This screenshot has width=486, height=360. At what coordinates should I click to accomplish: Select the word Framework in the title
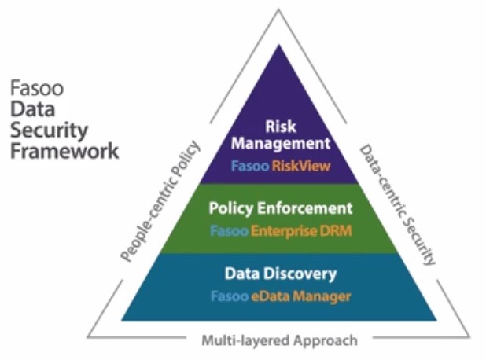(64, 149)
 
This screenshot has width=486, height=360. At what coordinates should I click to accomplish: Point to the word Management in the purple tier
(280, 144)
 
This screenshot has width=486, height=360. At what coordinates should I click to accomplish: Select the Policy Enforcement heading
(280, 209)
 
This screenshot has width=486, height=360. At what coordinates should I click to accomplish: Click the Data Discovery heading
(280, 274)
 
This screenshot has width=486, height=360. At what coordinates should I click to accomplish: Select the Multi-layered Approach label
(279, 340)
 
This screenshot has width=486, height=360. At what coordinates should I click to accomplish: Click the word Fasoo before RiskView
(249, 167)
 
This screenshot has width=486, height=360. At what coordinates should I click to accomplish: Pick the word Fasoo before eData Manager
(228, 297)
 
